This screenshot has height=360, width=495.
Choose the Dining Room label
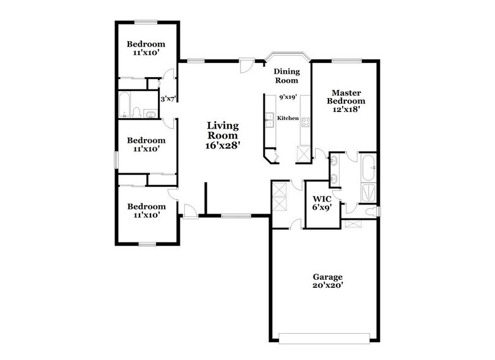286,75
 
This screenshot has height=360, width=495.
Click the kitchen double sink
269,120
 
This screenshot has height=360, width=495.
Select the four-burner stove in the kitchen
305,121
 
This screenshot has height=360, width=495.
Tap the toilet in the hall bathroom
137,113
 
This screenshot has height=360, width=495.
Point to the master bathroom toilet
371,211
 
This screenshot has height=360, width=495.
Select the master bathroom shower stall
369,192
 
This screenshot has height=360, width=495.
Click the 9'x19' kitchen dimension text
287,97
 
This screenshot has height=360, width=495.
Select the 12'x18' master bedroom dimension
346,110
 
